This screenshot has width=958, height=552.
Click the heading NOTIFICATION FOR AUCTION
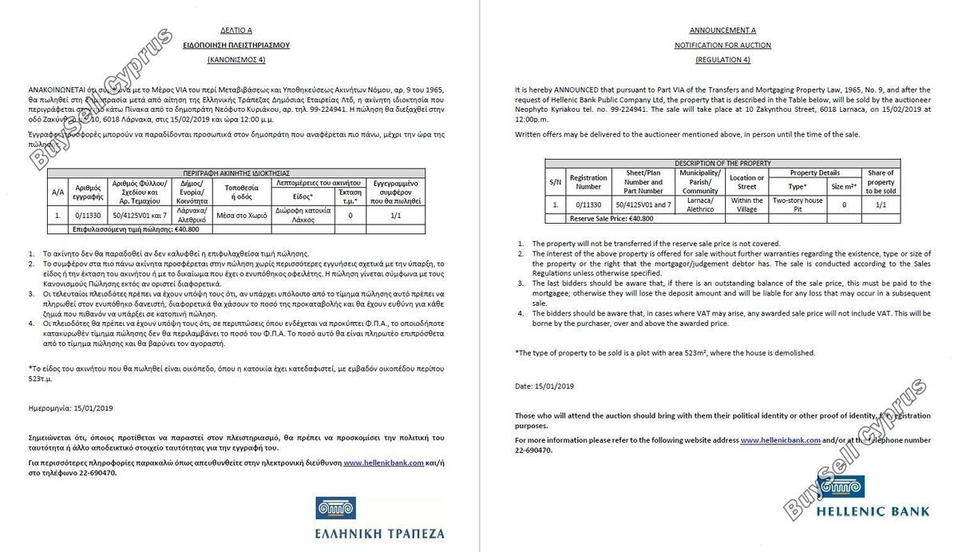[722, 46]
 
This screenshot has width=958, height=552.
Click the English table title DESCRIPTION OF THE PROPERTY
[722, 163]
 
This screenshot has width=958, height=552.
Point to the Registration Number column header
[588, 182]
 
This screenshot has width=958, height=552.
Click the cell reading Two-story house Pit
[798, 205]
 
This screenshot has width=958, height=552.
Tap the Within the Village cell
[747, 205]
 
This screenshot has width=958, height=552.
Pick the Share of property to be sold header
[881, 182]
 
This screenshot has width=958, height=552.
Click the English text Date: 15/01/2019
[544, 386]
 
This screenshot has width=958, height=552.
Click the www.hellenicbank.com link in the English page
[780, 440]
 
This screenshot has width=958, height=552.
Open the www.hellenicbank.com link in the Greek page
[383, 463]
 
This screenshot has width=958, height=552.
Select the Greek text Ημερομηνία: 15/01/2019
[70, 407]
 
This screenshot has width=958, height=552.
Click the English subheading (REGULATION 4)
[722, 60]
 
